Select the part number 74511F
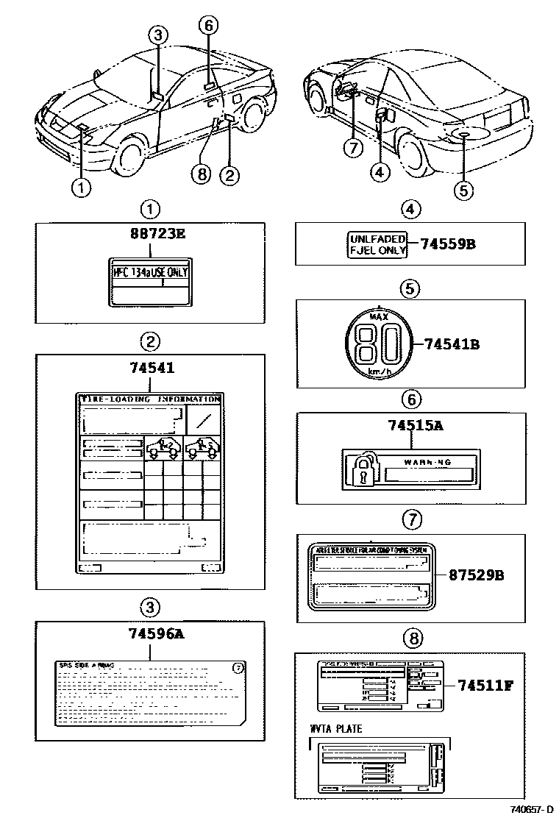tap(485, 686)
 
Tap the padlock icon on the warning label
tap(360, 469)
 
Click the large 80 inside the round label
tap(377, 344)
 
